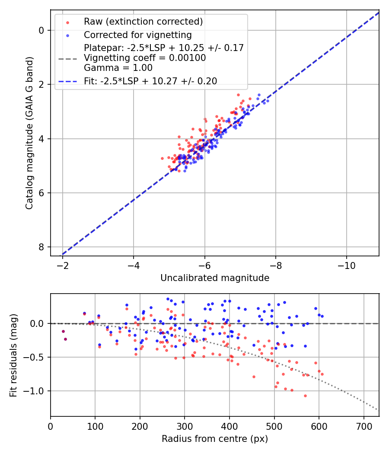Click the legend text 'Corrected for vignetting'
[x=138, y=35]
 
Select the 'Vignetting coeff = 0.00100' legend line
[x=145, y=58]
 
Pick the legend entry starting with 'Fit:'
[x=150, y=81]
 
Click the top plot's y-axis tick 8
[x=41, y=247]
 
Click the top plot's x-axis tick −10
[x=347, y=265]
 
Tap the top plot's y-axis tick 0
[x=41, y=30]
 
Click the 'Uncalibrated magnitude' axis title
[x=215, y=278]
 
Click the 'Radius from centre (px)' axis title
[x=215, y=439]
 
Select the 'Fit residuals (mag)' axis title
[x=13, y=355]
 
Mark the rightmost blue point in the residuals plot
[x=322, y=316]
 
